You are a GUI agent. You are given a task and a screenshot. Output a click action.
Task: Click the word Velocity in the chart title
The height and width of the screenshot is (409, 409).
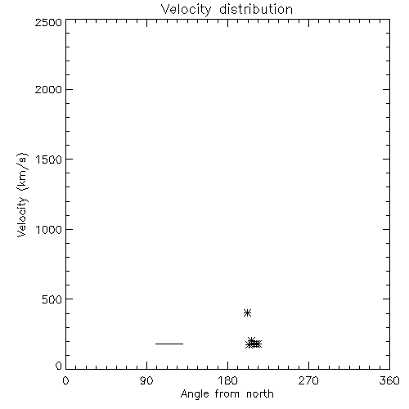click(186, 10)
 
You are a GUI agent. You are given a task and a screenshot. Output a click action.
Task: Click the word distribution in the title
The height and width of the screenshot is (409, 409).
click(256, 9)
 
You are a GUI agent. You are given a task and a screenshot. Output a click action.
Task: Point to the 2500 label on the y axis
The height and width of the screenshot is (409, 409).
click(49, 22)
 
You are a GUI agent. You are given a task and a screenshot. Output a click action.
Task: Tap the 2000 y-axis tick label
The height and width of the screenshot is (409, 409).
click(49, 89)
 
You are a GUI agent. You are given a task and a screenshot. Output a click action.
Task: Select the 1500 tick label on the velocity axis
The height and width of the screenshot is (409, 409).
click(49, 160)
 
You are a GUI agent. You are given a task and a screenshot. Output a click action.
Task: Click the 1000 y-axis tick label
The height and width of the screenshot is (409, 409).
click(49, 230)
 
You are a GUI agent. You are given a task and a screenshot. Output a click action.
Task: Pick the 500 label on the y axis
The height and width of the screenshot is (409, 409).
click(52, 299)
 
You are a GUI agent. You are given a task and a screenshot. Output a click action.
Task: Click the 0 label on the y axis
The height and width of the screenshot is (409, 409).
click(59, 366)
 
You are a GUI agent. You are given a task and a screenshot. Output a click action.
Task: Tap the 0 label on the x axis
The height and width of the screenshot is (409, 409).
click(65, 380)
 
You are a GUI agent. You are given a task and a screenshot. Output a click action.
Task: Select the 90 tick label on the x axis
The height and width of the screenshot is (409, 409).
click(146, 380)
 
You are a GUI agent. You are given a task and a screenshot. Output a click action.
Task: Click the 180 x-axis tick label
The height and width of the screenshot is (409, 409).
click(227, 380)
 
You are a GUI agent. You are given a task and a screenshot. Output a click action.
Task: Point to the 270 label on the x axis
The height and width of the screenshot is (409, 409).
click(308, 380)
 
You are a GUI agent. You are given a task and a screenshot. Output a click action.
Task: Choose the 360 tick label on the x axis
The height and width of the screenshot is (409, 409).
click(389, 380)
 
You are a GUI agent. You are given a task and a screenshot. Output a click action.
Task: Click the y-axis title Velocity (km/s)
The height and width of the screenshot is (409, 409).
click(22, 195)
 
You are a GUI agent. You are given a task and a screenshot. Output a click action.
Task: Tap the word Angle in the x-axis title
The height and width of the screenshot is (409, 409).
click(195, 394)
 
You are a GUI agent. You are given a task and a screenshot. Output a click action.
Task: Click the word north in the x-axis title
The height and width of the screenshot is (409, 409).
click(260, 393)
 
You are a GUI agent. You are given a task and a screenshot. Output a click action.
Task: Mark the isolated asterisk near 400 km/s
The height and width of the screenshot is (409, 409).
click(247, 312)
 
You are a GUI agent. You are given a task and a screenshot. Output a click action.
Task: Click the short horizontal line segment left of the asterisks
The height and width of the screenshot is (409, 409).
click(169, 344)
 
